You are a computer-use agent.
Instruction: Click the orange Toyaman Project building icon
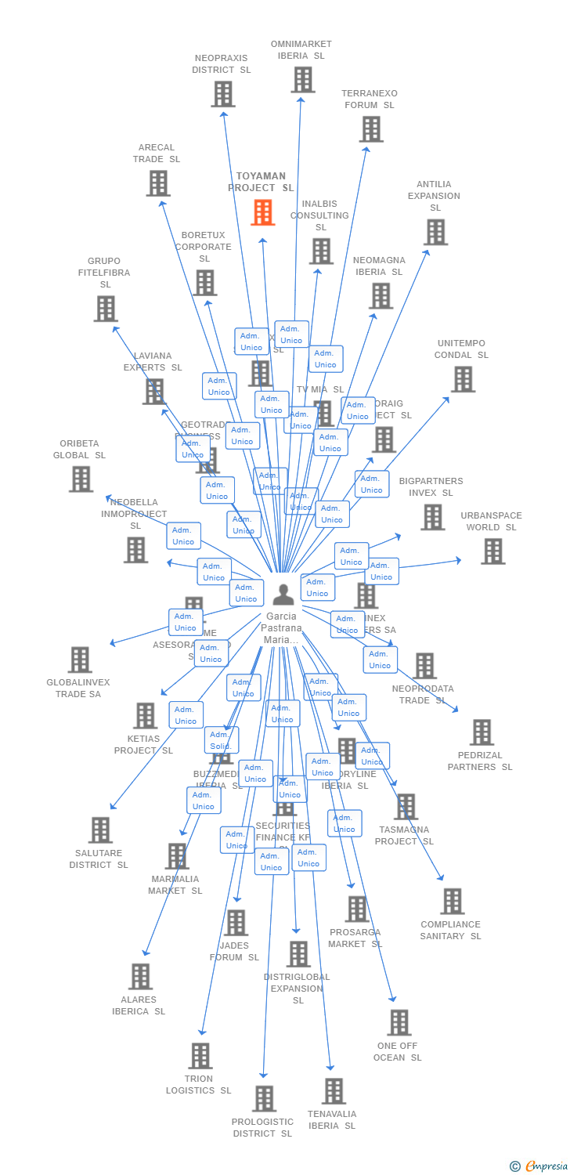[263, 212]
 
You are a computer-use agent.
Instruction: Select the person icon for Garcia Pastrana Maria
[283, 595]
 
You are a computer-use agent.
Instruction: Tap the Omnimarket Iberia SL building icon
[303, 80]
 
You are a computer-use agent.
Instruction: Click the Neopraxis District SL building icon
[223, 94]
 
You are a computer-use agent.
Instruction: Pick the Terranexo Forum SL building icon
[371, 129]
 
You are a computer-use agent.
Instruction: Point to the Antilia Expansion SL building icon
[435, 232]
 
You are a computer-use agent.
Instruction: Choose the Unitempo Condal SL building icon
[463, 379]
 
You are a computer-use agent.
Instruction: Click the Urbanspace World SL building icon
[492, 551]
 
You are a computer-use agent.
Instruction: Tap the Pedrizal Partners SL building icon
[482, 732]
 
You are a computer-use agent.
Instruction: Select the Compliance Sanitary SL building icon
[452, 902]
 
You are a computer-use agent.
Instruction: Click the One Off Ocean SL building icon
[399, 1022]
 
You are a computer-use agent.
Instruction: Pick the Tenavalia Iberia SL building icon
[334, 1091]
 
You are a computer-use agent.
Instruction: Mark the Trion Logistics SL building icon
[200, 1056]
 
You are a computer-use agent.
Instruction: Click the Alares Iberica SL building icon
[141, 977]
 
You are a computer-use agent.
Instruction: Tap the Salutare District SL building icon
[100, 830]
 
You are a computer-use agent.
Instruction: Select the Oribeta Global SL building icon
[81, 479]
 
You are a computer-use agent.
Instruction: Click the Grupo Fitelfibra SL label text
[104, 273]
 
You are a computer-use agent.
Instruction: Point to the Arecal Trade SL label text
[156, 154]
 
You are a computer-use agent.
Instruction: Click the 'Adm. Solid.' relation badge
[222, 740]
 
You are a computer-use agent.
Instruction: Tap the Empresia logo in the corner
[541, 1166]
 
